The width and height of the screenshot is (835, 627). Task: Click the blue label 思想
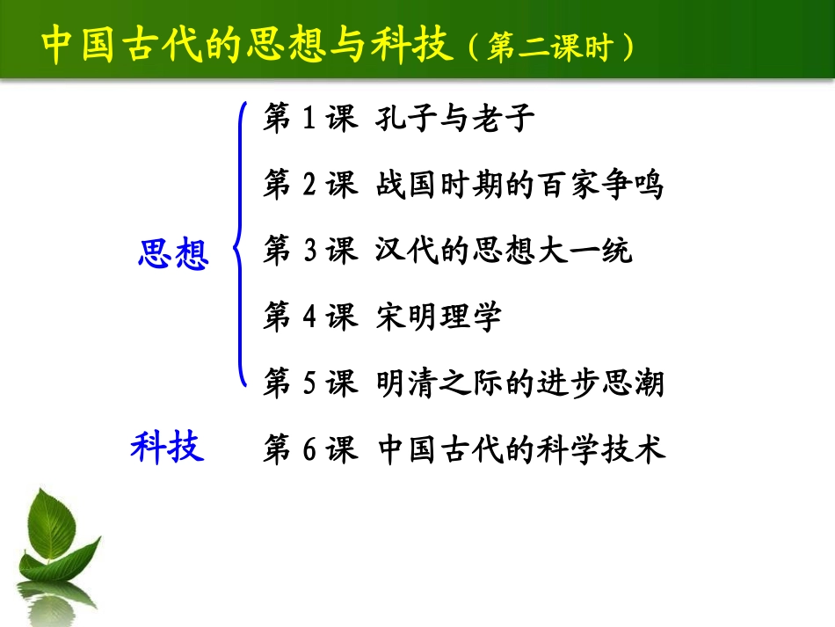173,255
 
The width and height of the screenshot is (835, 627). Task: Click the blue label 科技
167,447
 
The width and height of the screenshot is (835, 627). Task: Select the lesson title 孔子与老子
456,118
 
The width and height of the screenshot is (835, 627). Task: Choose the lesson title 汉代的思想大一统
505,252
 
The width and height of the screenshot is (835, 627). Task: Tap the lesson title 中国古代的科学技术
521,448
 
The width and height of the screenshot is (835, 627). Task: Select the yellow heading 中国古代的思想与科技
247,45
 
